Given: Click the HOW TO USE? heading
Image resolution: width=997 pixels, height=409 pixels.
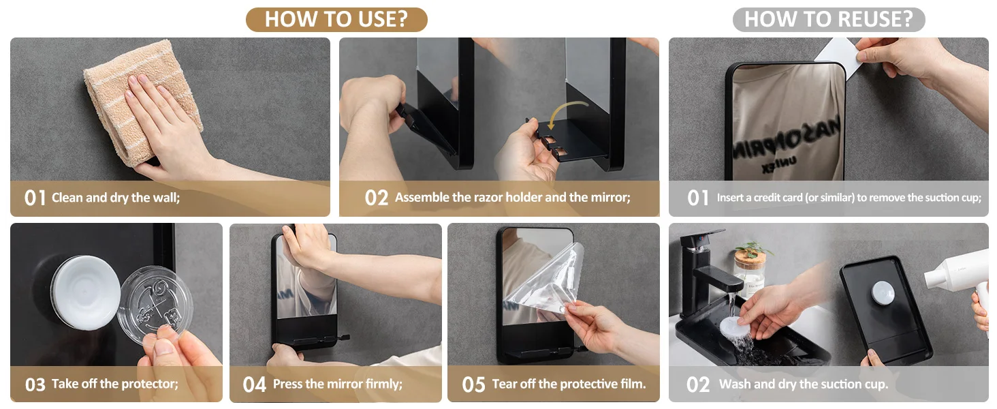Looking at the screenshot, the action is (x=336, y=19).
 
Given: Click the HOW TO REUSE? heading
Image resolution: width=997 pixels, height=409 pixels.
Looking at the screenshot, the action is (x=828, y=19).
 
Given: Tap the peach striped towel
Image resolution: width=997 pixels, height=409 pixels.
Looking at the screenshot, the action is (x=142, y=102).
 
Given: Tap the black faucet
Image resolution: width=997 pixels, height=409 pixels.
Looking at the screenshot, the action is (x=708, y=272).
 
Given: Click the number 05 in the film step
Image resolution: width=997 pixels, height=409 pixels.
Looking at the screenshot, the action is (x=473, y=384).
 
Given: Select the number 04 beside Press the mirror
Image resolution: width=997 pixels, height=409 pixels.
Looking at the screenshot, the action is (x=254, y=384).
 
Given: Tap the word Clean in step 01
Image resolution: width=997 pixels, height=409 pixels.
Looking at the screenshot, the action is (x=67, y=198).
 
